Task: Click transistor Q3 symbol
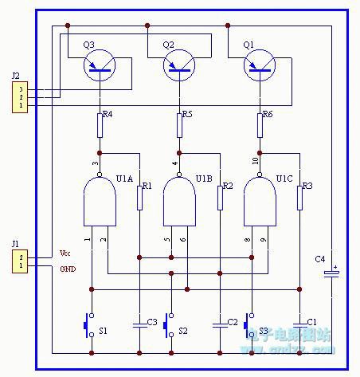pyautogui.click(x=100, y=66)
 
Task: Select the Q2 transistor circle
pyautogui.click(x=179, y=66)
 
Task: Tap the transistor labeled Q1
pyautogui.click(x=259, y=66)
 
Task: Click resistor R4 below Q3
pyautogui.click(x=100, y=124)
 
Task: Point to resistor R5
pyautogui.click(x=179, y=124)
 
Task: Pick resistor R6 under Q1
pyautogui.click(x=259, y=124)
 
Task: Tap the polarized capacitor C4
pyautogui.click(x=332, y=273)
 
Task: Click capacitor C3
pyautogui.click(x=139, y=324)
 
